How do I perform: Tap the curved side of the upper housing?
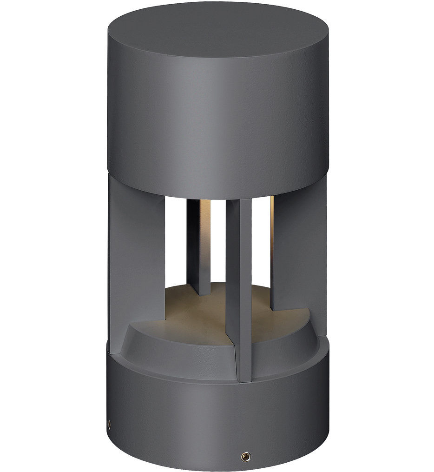(x=217, y=116)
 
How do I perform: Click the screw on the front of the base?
(x=243, y=456)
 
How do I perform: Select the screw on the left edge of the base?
(x=109, y=424)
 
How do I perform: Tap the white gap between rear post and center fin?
(x=217, y=242)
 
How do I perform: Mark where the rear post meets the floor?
(x=199, y=293)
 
